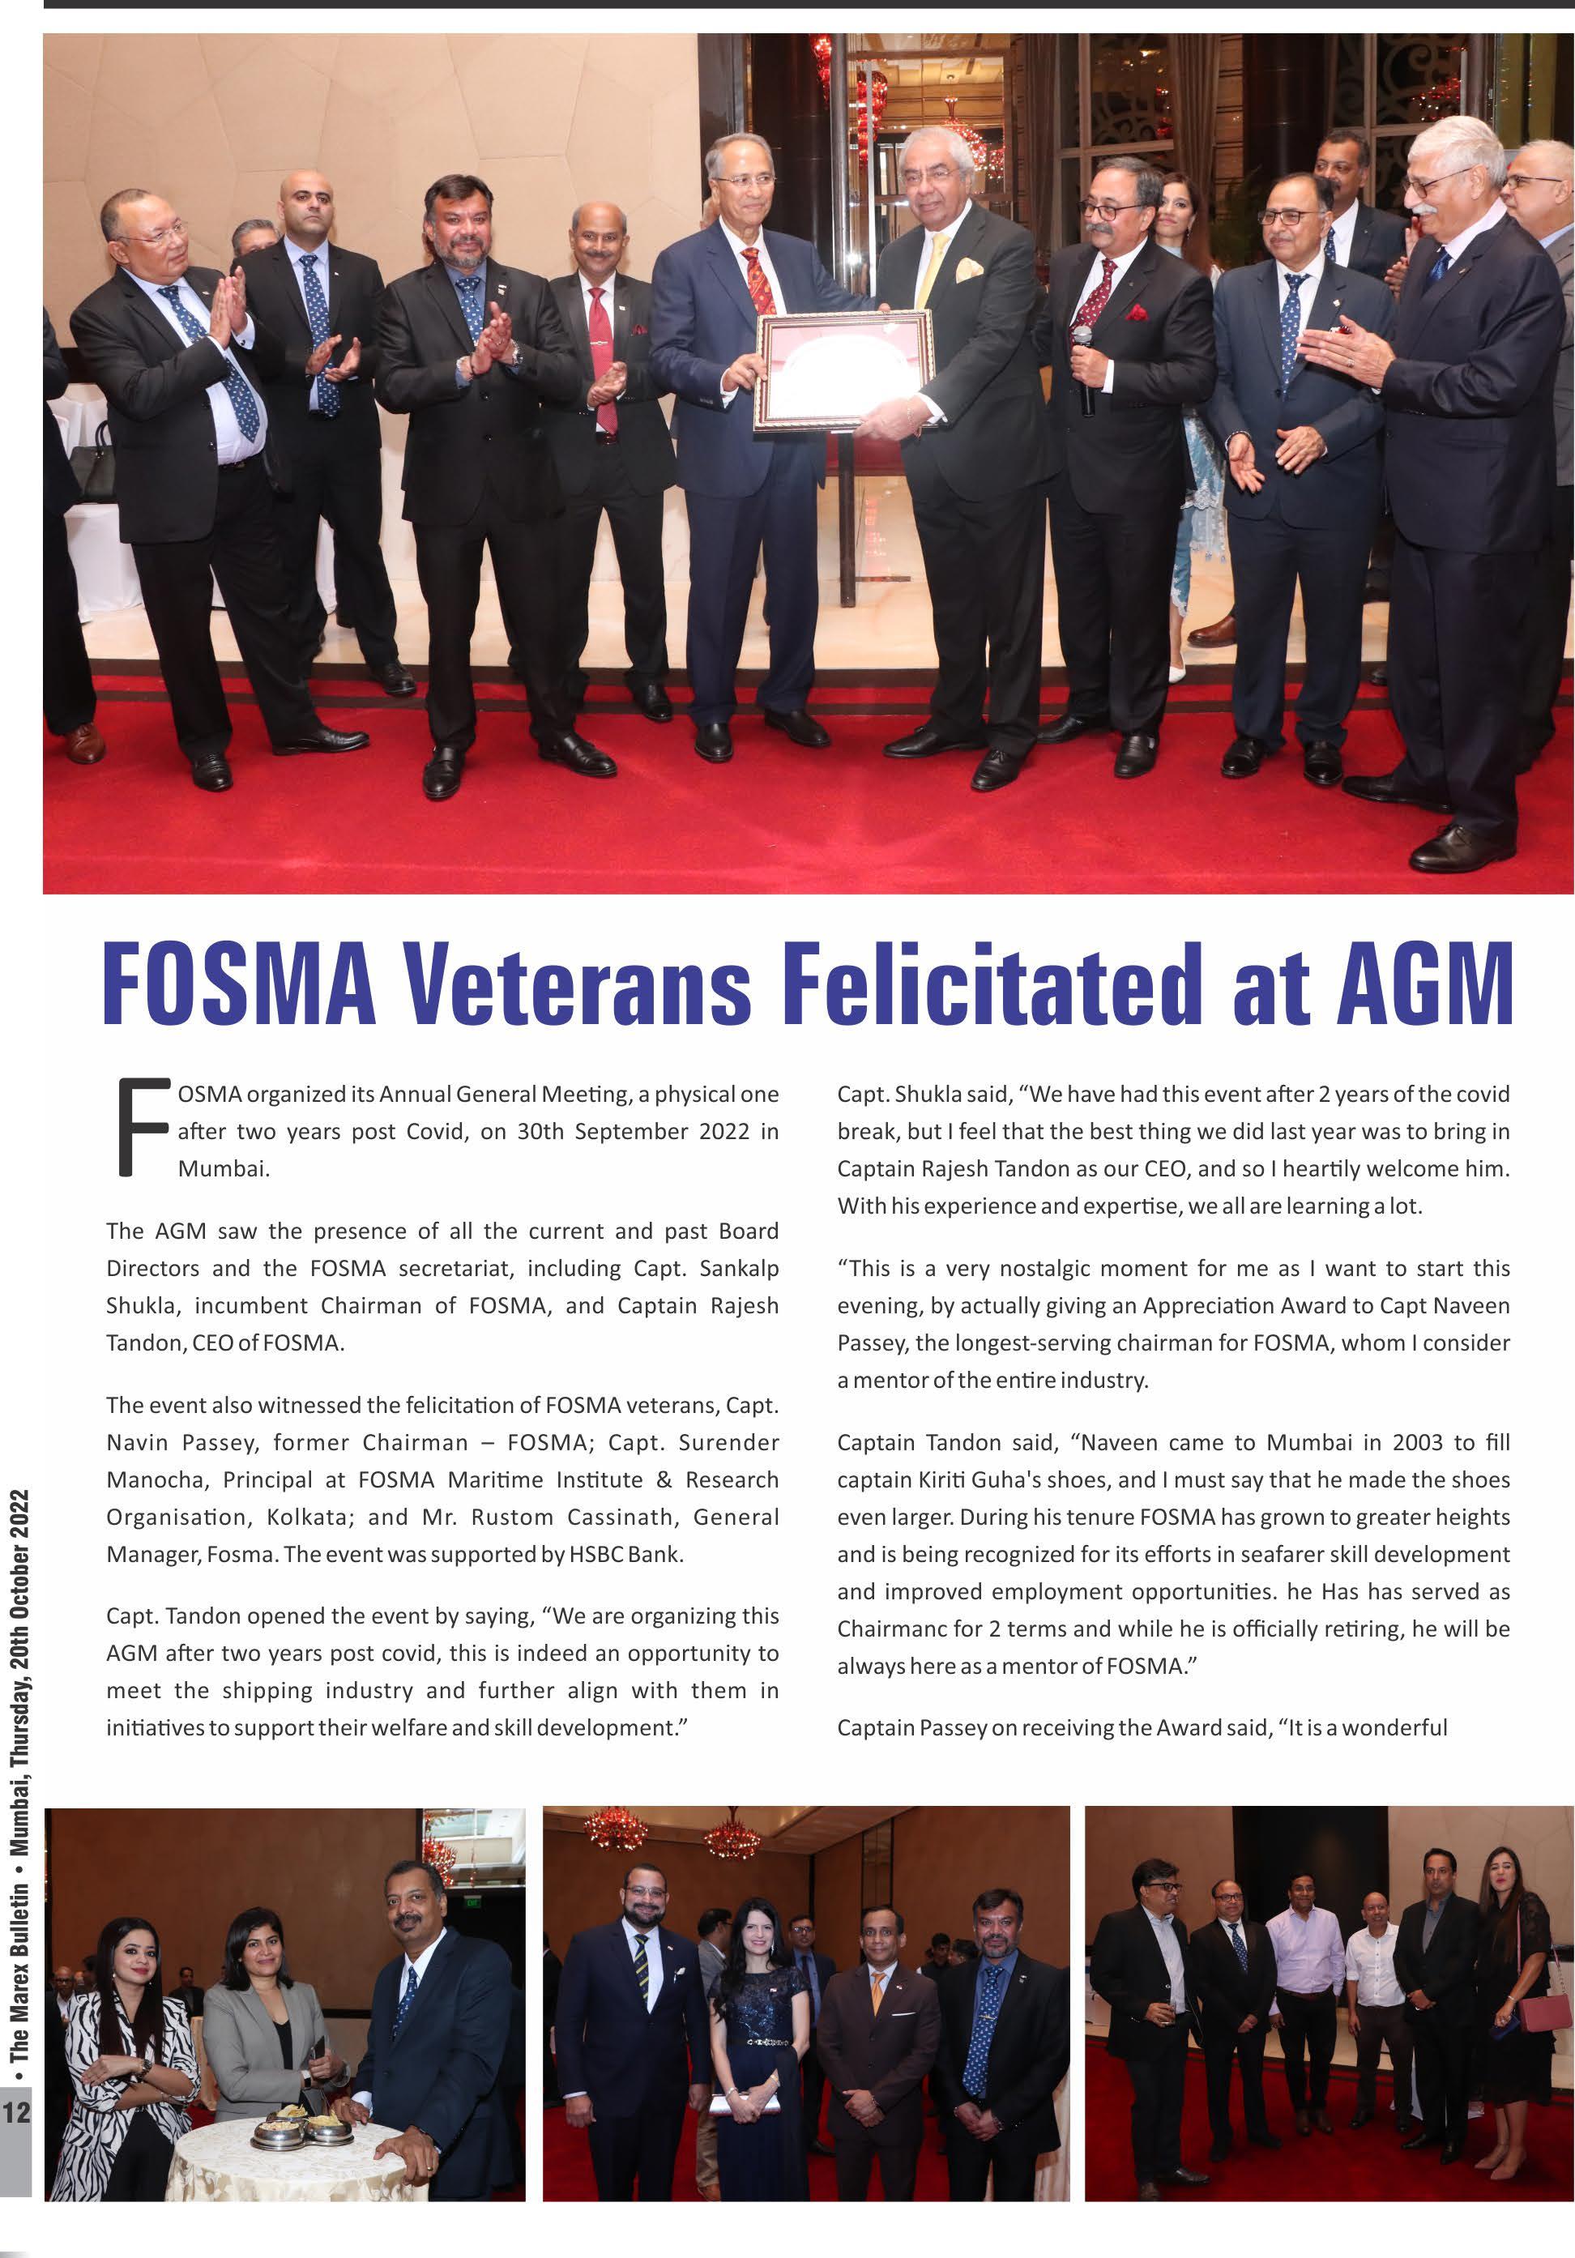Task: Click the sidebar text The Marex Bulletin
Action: point(19,1947)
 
